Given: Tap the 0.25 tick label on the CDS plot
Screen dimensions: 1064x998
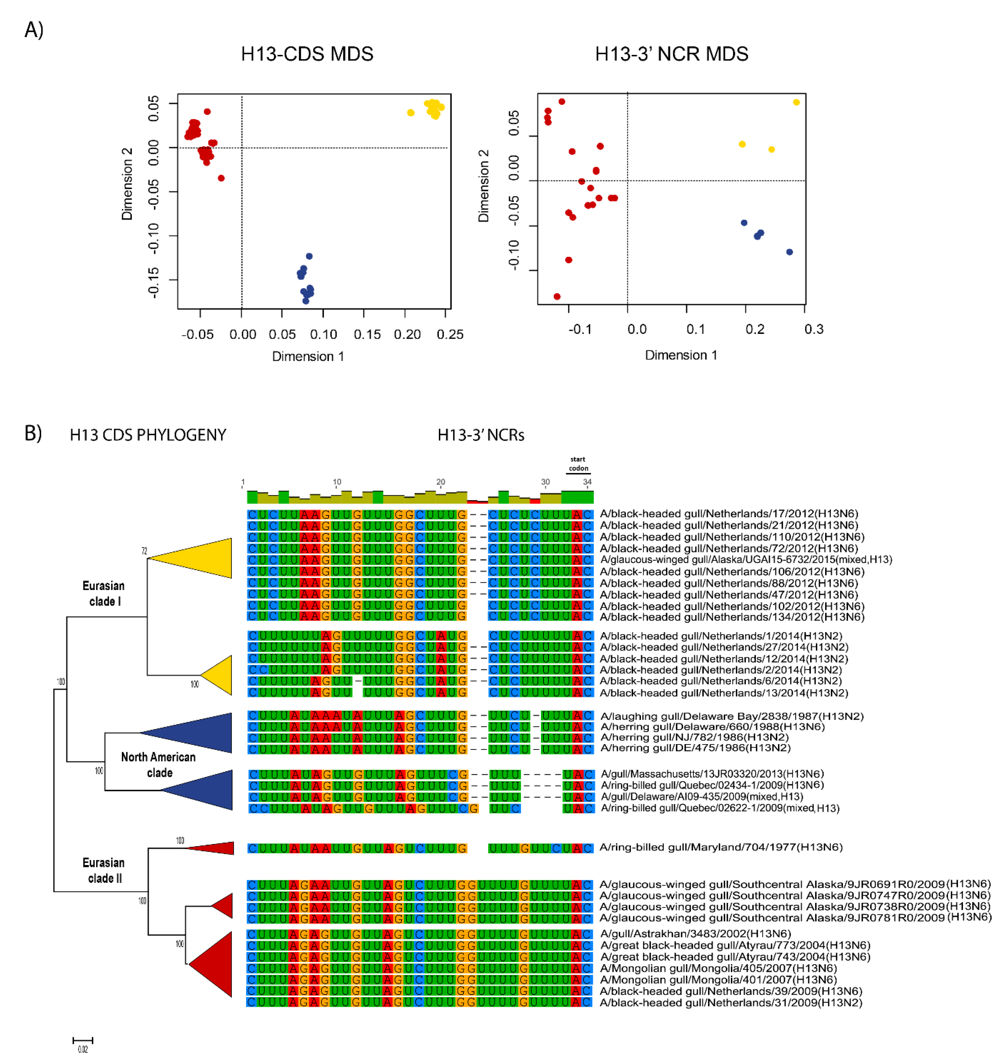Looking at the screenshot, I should click(449, 335).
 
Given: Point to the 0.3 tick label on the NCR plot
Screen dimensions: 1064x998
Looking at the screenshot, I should click(813, 329).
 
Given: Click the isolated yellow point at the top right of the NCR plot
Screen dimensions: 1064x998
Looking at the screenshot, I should click(796, 102).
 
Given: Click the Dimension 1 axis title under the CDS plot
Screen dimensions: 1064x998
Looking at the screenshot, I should click(308, 357).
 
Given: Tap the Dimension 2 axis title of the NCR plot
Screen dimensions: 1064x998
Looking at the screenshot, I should click(483, 186).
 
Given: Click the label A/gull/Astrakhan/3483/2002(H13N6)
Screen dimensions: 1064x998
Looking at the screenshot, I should click(695, 934).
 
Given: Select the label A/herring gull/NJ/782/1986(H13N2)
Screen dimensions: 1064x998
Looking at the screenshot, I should click(694, 737).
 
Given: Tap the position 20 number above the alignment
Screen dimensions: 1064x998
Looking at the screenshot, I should click(440, 482).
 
